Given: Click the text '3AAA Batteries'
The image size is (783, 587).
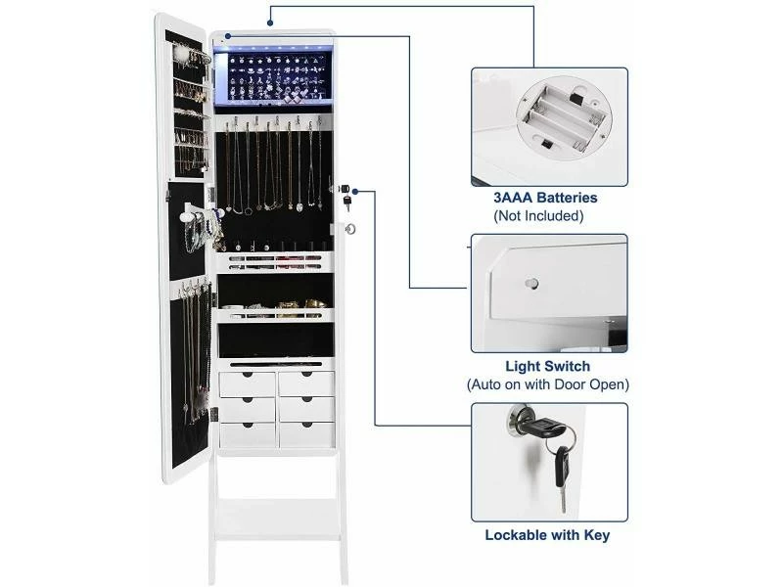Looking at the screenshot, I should pyautogui.click(x=545, y=198).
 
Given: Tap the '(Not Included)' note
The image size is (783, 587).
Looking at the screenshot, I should pyautogui.click(x=546, y=215).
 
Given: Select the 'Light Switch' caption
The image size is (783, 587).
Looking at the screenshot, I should pyautogui.click(x=546, y=366).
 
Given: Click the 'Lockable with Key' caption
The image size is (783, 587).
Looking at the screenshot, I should pyautogui.click(x=547, y=535).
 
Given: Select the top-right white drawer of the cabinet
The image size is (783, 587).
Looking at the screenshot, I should pyautogui.click(x=306, y=382).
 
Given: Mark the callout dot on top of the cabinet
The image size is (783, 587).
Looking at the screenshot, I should pyautogui.click(x=227, y=35).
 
